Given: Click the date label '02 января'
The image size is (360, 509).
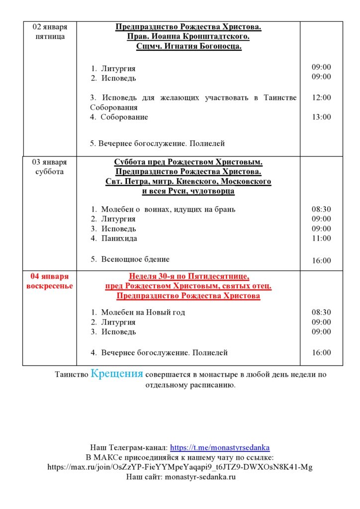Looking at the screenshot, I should point(50,27).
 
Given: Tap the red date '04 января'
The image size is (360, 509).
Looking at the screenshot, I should point(50,276).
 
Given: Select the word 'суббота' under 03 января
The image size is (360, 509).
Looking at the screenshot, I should point(50,172).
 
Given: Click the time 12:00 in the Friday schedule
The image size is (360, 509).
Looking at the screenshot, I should point(321,98).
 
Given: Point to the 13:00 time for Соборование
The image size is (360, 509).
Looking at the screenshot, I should point(321,117).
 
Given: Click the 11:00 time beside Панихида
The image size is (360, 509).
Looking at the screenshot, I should point(321,239).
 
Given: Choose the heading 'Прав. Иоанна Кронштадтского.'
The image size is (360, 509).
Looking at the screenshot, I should point(188,37).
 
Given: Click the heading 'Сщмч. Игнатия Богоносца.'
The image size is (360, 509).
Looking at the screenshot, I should point(188,47).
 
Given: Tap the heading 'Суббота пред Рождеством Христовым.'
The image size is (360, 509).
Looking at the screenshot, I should point(188,162).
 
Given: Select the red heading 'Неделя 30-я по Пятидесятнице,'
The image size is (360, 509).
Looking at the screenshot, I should point(188,276).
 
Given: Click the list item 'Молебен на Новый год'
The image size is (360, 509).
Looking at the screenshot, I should point(143,312).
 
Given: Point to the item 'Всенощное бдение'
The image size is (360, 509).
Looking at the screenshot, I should point(135,259).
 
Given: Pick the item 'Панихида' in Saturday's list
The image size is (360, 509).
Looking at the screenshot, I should point(119,239).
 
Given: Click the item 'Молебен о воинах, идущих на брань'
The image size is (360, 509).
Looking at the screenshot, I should point(168,209).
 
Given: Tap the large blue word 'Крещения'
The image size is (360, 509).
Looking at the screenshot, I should point(117,374).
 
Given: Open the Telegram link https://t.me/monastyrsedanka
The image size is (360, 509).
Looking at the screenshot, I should point(220,447).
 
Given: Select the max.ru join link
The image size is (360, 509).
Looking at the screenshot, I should point(180,467).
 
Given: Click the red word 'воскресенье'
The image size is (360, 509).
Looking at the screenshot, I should point(50,286).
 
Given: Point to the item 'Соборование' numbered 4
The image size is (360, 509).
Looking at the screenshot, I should point(124,117).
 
